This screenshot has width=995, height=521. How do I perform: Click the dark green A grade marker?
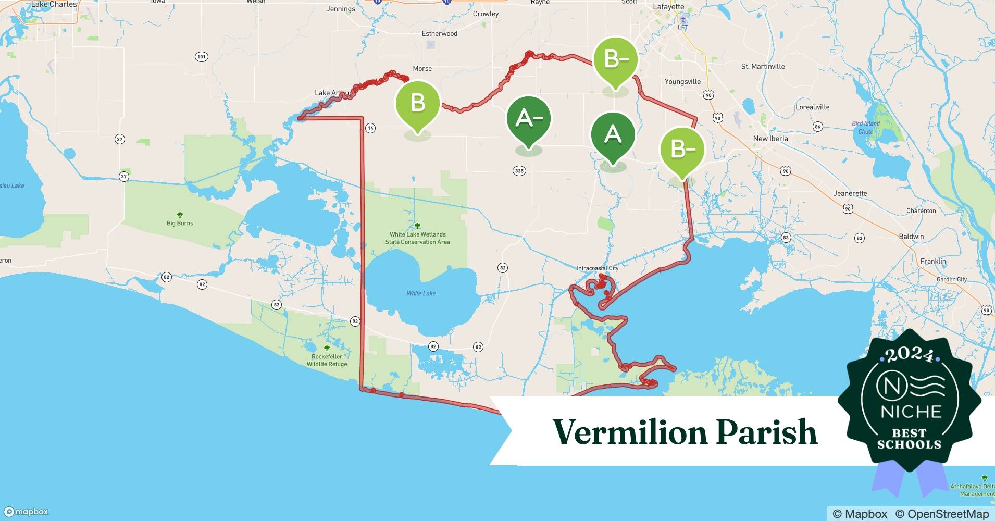point(613,135)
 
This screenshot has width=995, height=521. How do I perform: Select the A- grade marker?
point(529,119)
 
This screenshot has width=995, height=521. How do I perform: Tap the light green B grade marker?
point(418,103)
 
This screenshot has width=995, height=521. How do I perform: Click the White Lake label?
point(421,293)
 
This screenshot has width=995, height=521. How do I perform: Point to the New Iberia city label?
point(770,139)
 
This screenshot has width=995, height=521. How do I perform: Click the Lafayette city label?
point(668,7)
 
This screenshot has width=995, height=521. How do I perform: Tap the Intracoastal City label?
point(598,268)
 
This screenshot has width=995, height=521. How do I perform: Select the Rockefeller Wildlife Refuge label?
point(327,360)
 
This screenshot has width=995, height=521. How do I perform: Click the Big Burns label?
point(180,223)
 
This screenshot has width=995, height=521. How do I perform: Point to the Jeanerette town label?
point(850,193)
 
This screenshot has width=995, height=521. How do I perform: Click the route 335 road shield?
point(519,171)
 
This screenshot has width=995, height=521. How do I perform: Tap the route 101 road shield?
point(201,56)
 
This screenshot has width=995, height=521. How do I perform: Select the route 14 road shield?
point(370,128)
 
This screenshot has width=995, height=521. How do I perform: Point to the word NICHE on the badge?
point(911,412)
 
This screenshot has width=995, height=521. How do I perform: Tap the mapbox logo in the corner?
point(26,512)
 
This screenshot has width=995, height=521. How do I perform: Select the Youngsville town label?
point(682,82)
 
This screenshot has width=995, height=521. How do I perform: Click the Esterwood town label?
point(439,33)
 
